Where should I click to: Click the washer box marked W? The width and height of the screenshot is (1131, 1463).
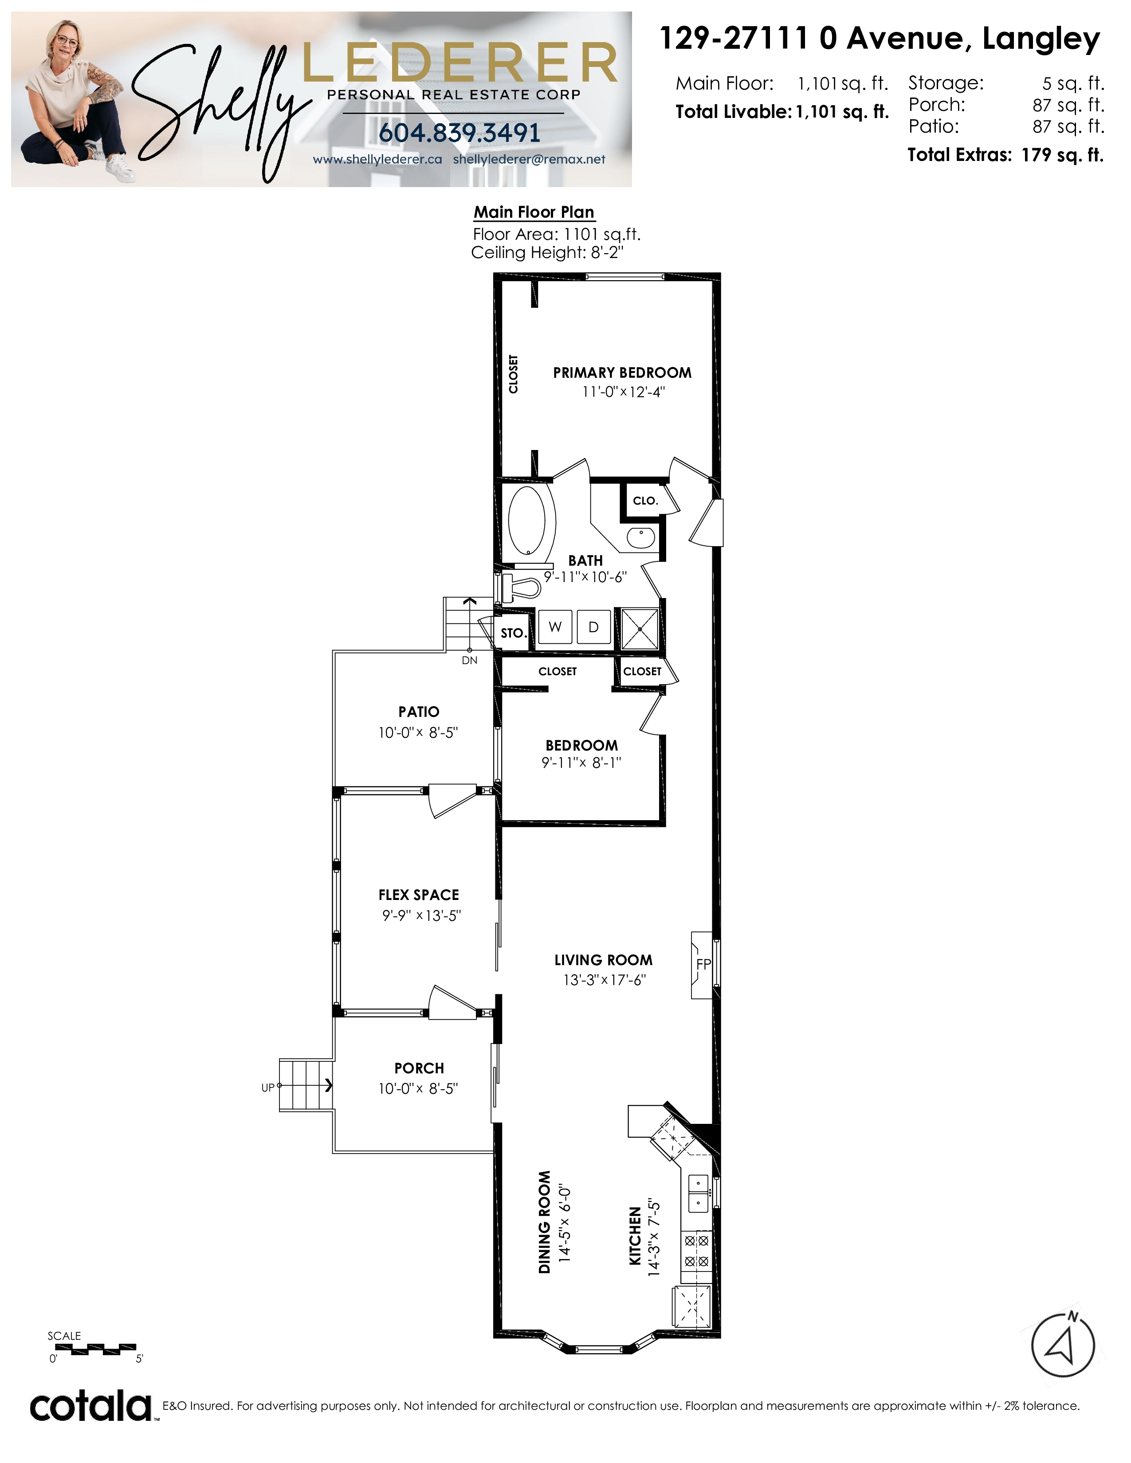click(x=555, y=627)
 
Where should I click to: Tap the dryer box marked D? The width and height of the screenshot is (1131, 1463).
click(x=593, y=627)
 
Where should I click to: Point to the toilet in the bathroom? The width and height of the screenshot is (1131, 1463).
click(x=521, y=589)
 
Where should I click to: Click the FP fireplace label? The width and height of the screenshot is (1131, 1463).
click(x=703, y=965)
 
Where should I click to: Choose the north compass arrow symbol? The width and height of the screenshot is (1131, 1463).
click(x=1063, y=1346)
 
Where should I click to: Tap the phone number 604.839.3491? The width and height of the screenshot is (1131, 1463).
click(x=459, y=133)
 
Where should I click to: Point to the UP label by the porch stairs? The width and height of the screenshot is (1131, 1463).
click(x=268, y=1088)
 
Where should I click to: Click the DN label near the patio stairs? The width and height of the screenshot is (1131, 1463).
click(x=470, y=661)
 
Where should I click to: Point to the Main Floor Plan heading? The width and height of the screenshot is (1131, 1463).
click(x=534, y=212)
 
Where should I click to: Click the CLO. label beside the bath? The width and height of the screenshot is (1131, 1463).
click(x=645, y=501)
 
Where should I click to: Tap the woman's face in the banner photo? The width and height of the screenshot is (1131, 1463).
click(x=65, y=42)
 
